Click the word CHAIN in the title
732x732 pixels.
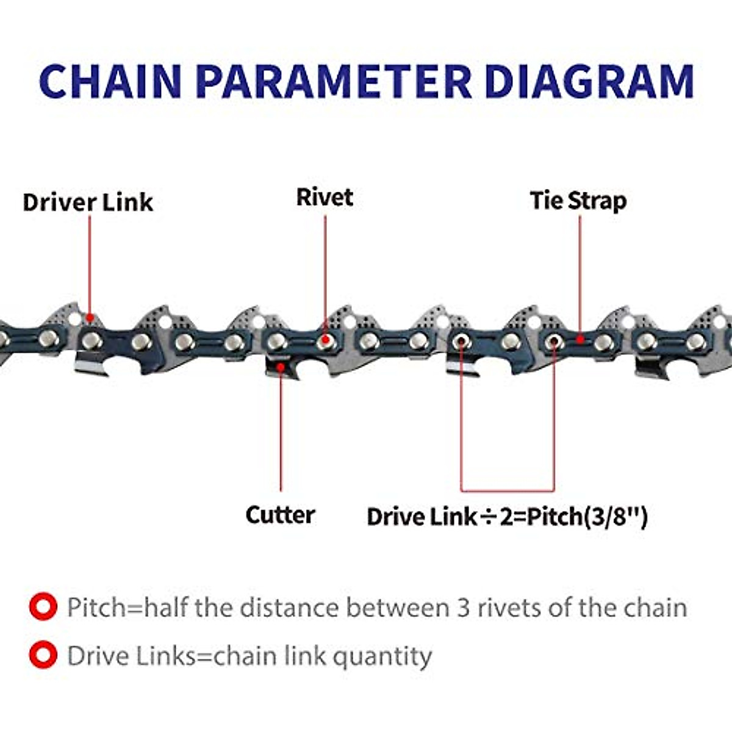tap(110, 81)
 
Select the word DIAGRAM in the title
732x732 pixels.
tap(589, 81)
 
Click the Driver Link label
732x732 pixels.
tap(88, 203)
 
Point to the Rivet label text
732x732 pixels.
tap(325, 197)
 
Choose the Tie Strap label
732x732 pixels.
tap(578, 201)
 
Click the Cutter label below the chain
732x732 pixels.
tap(280, 515)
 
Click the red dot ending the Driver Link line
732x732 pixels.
tap(90, 318)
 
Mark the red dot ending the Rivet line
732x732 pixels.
tap(325, 340)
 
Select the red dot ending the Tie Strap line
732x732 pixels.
tap(580, 340)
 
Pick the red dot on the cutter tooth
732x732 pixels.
tap(281, 367)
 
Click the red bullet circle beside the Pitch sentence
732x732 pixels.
tap(43, 608)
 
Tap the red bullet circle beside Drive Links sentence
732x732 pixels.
tap(43, 656)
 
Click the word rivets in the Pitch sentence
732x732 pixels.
tap(510, 608)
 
